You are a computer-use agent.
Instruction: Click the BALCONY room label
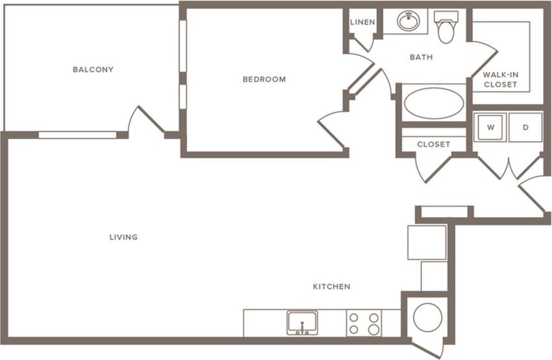[x=93, y=70]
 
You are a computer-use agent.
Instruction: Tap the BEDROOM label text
[x=264, y=80]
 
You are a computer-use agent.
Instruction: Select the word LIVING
[x=123, y=237]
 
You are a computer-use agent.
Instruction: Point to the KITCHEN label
[x=331, y=287]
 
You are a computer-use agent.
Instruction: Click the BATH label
[x=421, y=57]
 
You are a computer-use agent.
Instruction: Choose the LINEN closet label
[x=362, y=23]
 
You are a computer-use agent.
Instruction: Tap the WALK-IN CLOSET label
[x=500, y=80]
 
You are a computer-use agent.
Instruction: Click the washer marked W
[x=491, y=127]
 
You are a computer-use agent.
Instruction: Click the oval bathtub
[x=434, y=103]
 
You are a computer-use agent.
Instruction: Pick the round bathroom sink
[x=408, y=21]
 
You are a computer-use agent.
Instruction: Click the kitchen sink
[x=302, y=322]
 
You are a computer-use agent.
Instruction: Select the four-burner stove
[x=364, y=323]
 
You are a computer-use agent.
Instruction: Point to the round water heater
[x=427, y=318]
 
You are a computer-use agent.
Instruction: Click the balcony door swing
[x=144, y=122]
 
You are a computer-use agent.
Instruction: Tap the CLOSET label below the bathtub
[x=433, y=144]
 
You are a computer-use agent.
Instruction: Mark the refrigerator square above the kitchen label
[x=427, y=242]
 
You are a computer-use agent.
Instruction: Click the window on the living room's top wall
[x=77, y=135]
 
